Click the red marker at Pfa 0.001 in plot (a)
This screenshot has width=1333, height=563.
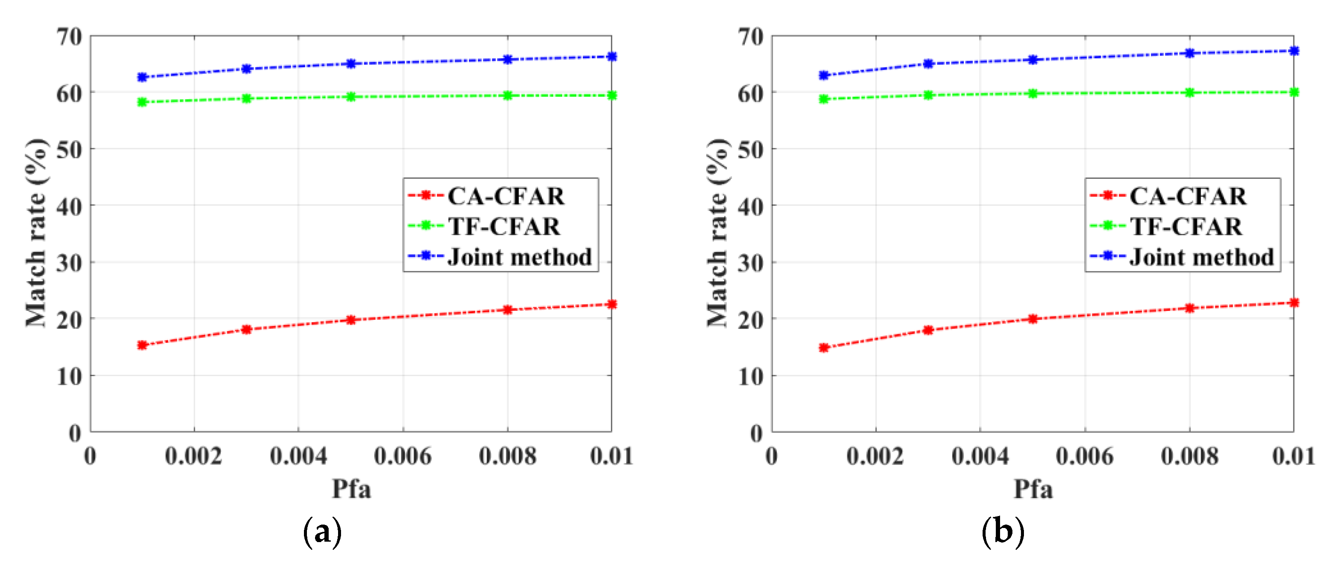coord(142,345)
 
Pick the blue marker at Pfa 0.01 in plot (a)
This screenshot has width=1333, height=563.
coord(612,56)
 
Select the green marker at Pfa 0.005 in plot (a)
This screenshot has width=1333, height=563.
coord(351,97)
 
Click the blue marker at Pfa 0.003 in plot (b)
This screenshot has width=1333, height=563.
coord(928,64)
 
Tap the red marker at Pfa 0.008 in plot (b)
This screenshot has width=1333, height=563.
coord(1190,308)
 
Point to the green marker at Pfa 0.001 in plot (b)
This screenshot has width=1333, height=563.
coord(824,99)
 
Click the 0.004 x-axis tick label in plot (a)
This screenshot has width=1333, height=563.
coord(298,456)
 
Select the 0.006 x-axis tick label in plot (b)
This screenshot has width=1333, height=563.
coord(1084,456)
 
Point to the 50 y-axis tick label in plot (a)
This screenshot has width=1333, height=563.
coord(69,150)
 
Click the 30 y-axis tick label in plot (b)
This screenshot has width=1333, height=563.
coord(750,263)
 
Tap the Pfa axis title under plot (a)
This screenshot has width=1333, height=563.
coord(351,489)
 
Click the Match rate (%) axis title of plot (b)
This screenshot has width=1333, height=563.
coord(718,233)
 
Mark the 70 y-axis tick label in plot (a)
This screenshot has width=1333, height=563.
coord(69,37)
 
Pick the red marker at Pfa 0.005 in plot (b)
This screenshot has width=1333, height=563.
coord(1032,318)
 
